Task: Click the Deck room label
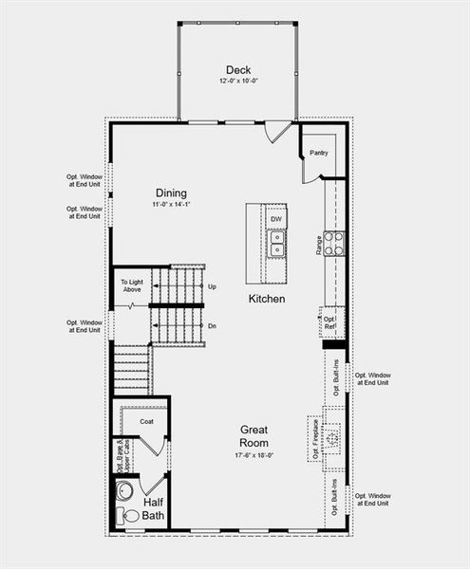(x=237, y=69)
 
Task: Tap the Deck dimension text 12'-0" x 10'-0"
(x=237, y=83)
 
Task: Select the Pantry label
(x=319, y=152)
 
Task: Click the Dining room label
(x=171, y=193)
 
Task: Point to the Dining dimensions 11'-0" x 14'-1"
(x=171, y=205)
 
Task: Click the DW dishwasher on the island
(x=276, y=220)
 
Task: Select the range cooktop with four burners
(x=333, y=244)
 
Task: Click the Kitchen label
(x=267, y=299)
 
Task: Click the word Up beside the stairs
(x=212, y=286)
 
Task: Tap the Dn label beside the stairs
(x=212, y=324)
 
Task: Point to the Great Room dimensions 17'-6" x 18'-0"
(x=254, y=454)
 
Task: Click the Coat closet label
(x=146, y=421)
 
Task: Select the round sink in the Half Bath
(x=124, y=491)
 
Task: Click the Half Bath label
(x=155, y=508)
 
